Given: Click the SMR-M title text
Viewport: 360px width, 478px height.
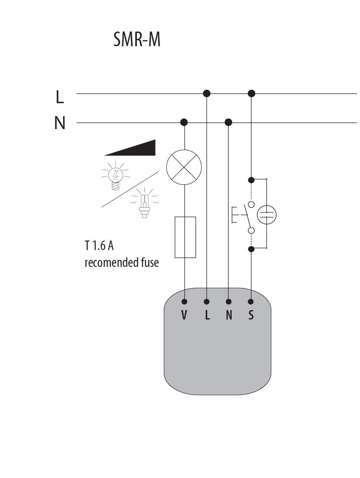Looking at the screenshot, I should tap(137, 40).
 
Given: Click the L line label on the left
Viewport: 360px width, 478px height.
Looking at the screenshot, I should tap(60, 97).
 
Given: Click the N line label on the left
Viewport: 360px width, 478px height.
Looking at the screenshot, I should tap(60, 123).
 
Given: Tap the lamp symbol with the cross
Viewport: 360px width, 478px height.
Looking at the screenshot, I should tap(185, 168).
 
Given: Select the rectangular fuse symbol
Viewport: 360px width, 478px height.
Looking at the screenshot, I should tap(185, 237).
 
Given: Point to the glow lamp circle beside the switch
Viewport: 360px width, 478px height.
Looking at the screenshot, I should tap(267, 215).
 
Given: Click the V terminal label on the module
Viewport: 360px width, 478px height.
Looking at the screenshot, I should tap(185, 315).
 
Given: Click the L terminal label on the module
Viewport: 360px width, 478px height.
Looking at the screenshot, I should tap(207, 315).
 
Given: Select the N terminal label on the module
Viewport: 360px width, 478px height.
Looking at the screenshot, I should tap(229, 315).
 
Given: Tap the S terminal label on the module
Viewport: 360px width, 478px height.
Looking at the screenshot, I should tap(251, 315).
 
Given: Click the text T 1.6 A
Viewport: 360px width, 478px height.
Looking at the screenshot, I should tap(99, 246).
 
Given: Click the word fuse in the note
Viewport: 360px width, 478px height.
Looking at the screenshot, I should tap(150, 262).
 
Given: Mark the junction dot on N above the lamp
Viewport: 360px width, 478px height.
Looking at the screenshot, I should tap(185, 122).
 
